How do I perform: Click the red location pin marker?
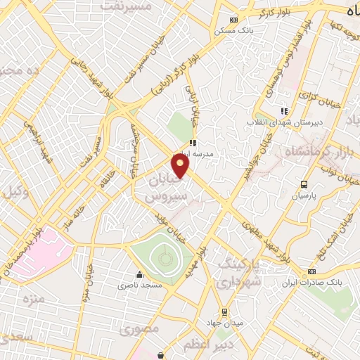(181, 167)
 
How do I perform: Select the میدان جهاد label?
(224, 321)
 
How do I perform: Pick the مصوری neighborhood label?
(139, 328)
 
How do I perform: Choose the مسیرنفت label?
(127, 6)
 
